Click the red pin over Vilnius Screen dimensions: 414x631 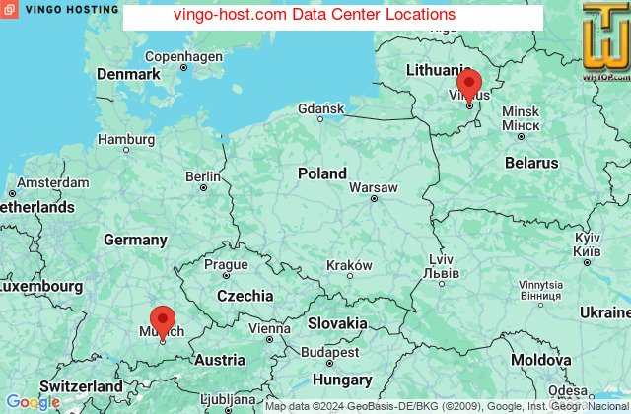[x=469, y=84]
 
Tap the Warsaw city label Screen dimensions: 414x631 [x=374, y=186]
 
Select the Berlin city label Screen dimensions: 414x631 [x=203, y=176]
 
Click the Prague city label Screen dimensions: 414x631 [x=226, y=264]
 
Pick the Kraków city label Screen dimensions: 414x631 [x=349, y=265]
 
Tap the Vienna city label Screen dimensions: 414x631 [x=269, y=328]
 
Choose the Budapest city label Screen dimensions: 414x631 [x=330, y=352]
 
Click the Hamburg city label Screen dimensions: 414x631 [x=126, y=139]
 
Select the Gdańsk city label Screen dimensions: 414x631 [x=320, y=107]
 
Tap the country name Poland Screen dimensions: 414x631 [x=322, y=173]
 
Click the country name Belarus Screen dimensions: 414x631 [x=531, y=162]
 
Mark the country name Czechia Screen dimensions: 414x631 [x=245, y=296]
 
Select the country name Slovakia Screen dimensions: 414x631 [x=337, y=323]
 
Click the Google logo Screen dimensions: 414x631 [x=33, y=402]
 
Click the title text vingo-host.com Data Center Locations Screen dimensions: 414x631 [x=315, y=15]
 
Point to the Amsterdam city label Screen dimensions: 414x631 [x=52, y=183]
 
